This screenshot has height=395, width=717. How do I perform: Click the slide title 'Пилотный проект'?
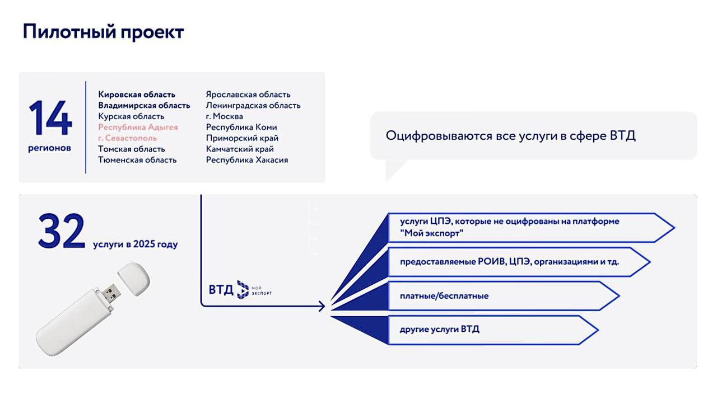[103, 32]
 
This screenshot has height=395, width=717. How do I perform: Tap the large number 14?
[50, 118]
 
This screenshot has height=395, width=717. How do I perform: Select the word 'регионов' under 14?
[50, 148]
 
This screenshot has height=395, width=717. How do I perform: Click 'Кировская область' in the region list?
[137, 95]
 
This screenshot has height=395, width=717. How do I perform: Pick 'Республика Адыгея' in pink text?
[138, 127]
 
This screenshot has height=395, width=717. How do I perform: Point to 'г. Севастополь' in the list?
[127, 138]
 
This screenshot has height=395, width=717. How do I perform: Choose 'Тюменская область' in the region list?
[137, 160]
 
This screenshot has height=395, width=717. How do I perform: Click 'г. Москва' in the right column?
[225, 116]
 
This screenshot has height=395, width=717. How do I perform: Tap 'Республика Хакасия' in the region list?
[247, 160]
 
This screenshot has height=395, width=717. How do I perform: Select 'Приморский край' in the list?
[242, 138]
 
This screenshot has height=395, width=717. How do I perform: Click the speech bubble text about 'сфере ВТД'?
[510, 136]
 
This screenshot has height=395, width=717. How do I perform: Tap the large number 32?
[62, 231]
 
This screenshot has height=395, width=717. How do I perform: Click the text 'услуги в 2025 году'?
[136, 244]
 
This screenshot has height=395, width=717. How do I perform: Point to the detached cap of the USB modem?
[134, 279]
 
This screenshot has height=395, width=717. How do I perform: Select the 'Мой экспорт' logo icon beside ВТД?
[243, 290]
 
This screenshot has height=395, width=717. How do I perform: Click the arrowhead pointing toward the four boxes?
[322, 306]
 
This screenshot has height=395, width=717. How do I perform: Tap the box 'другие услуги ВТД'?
[493, 330]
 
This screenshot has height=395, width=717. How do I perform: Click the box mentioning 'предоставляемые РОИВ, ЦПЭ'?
[519, 262]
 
